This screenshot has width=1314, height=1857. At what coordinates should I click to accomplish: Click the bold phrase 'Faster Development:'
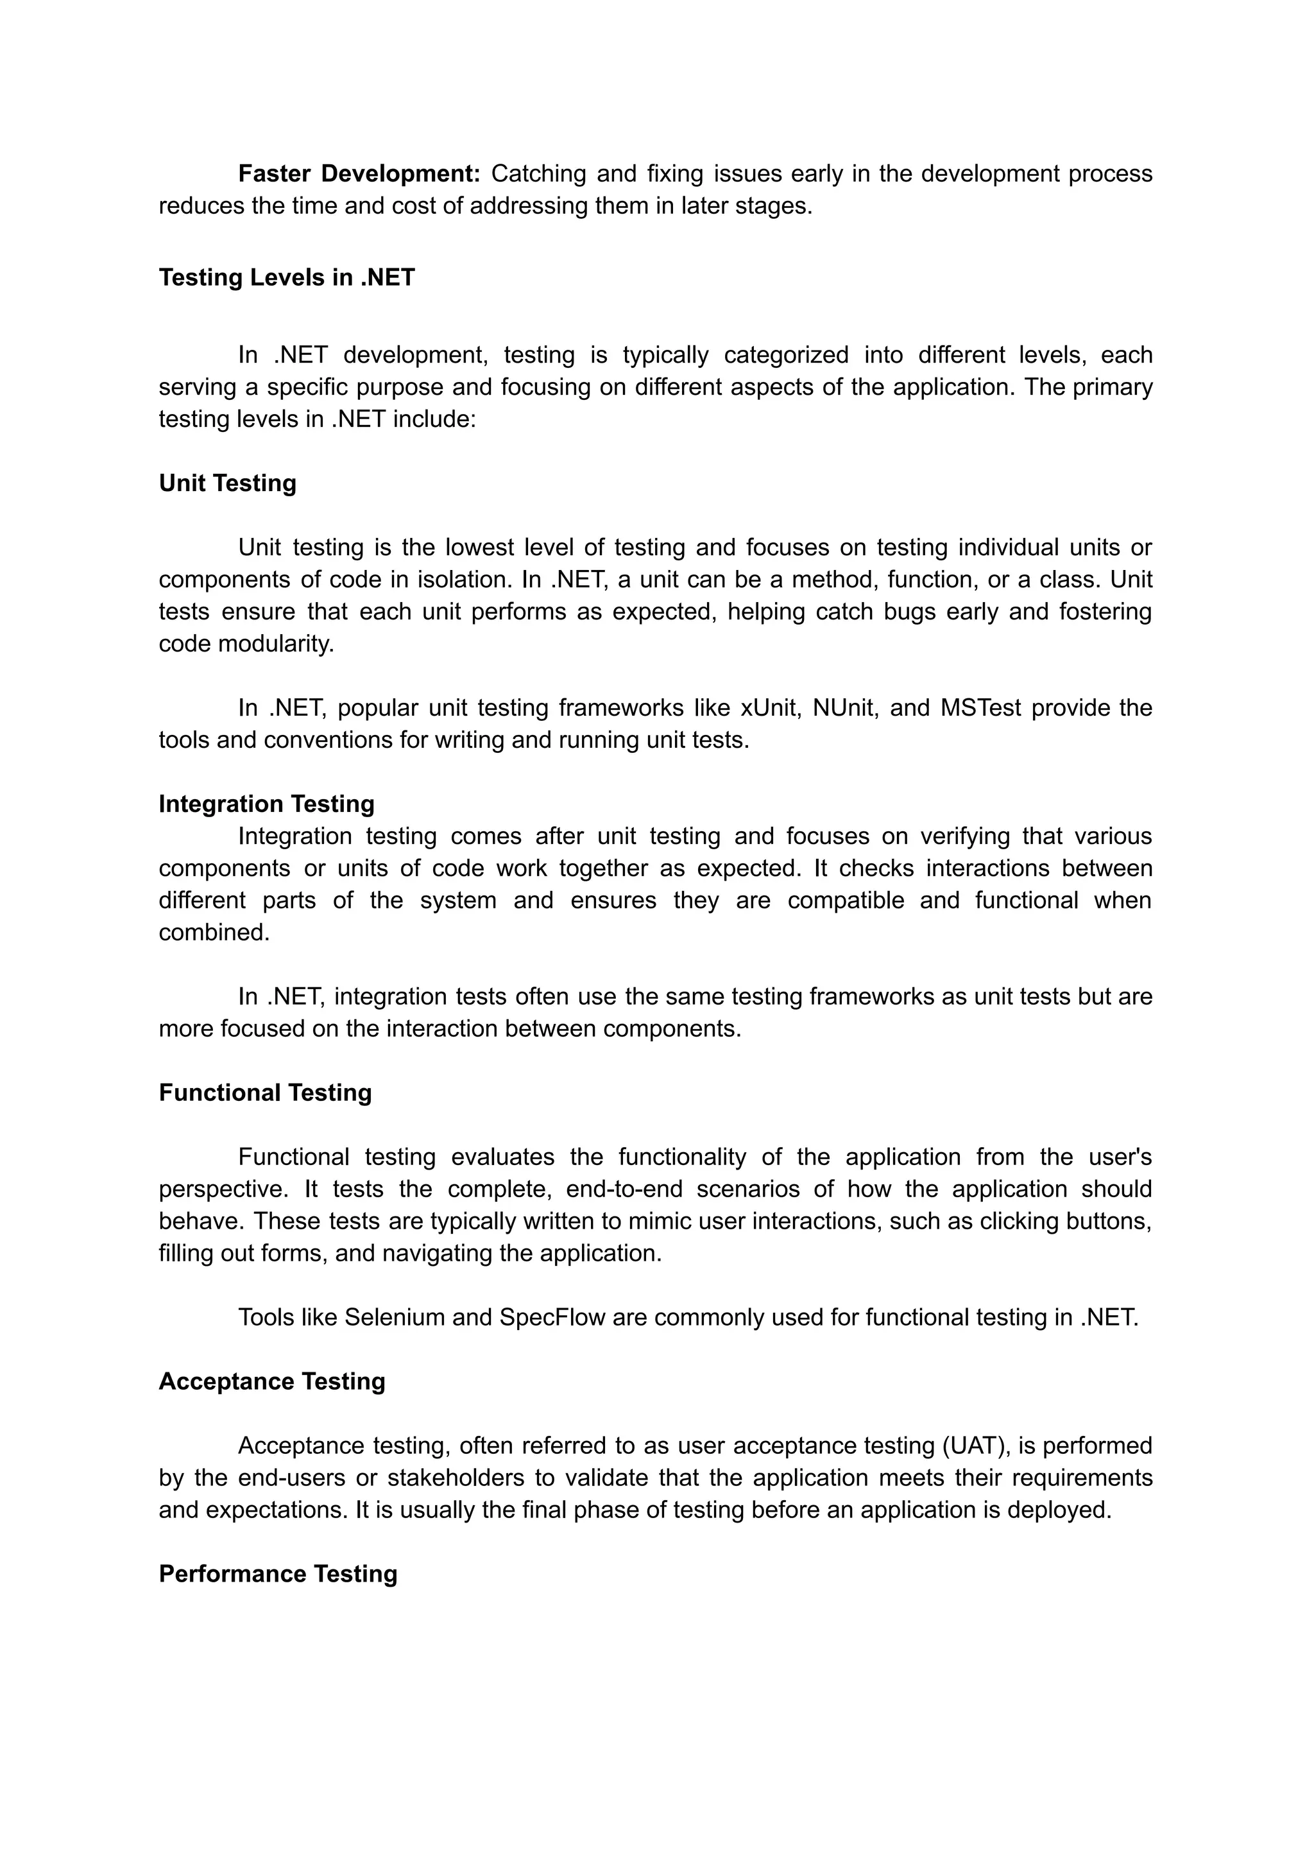(359, 174)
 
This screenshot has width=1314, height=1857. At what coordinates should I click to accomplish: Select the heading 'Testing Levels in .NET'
(286, 278)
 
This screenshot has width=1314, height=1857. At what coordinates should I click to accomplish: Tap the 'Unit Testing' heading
(227, 483)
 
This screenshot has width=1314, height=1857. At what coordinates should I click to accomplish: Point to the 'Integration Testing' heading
(266, 804)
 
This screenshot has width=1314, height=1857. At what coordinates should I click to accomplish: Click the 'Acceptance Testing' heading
(272, 1381)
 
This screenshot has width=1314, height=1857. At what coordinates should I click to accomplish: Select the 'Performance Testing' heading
(278, 1574)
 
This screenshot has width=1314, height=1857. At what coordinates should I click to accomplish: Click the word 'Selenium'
(394, 1317)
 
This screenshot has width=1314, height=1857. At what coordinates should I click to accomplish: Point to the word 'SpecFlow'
(552, 1317)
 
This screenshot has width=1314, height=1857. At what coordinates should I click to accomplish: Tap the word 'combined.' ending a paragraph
(214, 933)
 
